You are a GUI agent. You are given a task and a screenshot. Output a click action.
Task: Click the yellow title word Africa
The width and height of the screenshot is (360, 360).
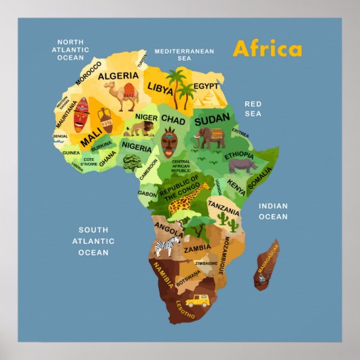click(x=267, y=50)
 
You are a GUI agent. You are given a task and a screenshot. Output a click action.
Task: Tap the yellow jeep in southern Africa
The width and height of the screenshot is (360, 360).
click(x=196, y=298)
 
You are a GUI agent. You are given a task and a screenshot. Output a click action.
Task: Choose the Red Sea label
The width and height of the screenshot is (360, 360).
click(x=253, y=109)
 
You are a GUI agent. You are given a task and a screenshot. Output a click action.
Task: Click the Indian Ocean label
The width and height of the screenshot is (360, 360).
click(x=272, y=211)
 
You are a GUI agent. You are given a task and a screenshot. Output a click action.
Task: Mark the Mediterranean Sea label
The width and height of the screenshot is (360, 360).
click(x=184, y=54)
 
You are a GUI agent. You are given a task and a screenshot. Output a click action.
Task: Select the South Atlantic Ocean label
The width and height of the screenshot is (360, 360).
click(x=93, y=241)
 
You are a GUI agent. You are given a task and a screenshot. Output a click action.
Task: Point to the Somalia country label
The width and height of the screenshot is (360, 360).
click(x=259, y=178)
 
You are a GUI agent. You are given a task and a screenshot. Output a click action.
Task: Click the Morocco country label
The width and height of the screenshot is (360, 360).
click(x=88, y=73)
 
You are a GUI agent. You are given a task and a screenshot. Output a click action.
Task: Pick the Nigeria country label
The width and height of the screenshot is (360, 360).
click(x=137, y=147)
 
